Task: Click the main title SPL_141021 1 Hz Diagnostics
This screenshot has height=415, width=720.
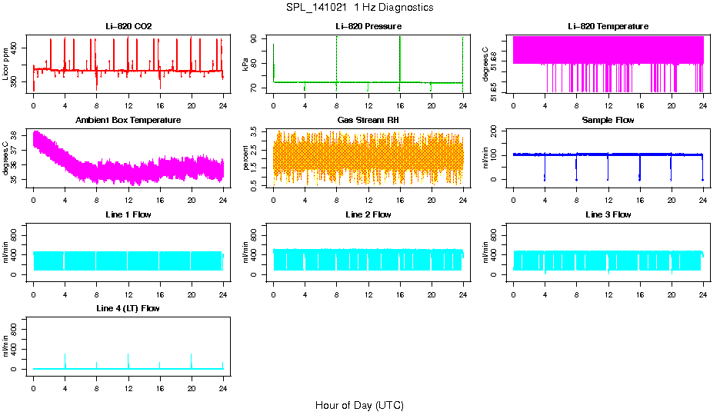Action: (359, 8)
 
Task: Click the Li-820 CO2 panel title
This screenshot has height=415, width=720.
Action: (128, 26)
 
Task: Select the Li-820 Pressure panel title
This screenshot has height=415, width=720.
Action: (368, 26)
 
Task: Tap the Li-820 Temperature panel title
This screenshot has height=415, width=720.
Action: (608, 26)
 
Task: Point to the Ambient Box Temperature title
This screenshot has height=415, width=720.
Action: (128, 120)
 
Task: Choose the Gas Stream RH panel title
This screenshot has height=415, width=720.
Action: (368, 120)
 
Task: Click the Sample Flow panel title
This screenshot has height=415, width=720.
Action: (608, 120)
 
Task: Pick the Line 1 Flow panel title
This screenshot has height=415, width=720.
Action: (128, 214)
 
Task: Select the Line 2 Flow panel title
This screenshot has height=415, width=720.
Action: (368, 214)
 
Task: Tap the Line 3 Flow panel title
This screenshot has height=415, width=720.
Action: (608, 214)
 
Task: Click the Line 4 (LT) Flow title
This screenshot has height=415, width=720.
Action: (128, 308)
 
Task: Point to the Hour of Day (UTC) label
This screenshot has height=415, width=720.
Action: (359, 405)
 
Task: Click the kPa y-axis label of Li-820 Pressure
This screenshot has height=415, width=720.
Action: (245, 65)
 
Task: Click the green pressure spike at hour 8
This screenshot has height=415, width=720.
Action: (337, 58)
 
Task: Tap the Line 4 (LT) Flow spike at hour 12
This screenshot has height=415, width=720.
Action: (128, 360)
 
